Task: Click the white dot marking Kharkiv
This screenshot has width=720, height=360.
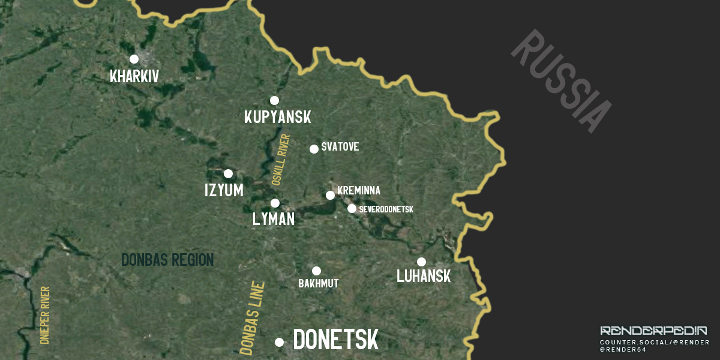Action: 134,59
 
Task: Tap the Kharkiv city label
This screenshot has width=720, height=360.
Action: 134,76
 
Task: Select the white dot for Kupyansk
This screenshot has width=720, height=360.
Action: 274,100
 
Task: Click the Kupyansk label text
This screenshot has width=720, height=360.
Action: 278,117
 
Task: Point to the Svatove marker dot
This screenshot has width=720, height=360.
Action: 314,149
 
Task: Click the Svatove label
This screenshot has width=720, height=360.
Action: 340,147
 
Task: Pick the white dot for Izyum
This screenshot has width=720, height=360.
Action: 228,173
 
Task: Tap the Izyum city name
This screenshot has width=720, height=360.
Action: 224,190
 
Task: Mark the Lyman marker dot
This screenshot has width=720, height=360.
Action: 275,203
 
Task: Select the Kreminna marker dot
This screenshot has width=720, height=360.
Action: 330,195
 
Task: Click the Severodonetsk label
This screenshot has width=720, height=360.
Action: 386,209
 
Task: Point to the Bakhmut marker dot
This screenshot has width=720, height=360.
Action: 316,271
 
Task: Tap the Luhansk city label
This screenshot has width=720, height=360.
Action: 424,277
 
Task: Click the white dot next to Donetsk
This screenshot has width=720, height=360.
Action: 279,342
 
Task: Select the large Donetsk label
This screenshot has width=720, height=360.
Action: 336,340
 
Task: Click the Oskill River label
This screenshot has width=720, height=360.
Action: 280,159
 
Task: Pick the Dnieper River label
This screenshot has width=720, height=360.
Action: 44,315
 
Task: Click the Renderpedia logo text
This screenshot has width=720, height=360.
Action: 653,331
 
